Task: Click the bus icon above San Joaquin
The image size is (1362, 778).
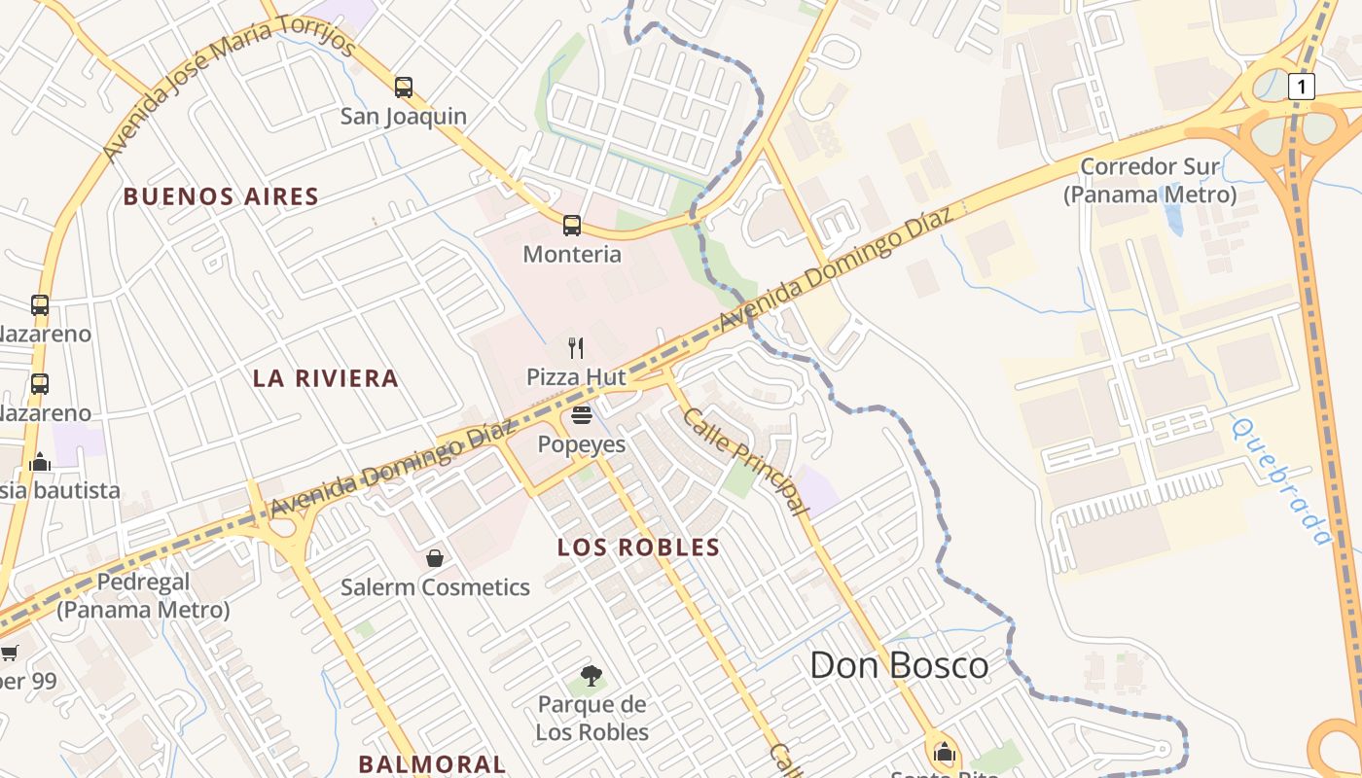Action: pyautogui.click(x=404, y=88)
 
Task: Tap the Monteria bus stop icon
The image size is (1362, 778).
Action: pyautogui.click(x=572, y=226)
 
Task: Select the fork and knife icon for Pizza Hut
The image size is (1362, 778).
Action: pyautogui.click(x=576, y=347)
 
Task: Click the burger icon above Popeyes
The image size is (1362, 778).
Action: pyautogui.click(x=582, y=416)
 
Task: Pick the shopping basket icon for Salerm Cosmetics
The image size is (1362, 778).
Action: pyautogui.click(x=435, y=558)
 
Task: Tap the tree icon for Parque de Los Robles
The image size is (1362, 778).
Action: pyautogui.click(x=591, y=676)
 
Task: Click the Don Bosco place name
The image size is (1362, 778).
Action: pyautogui.click(x=899, y=666)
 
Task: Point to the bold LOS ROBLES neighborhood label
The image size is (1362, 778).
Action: pyautogui.click(x=638, y=548)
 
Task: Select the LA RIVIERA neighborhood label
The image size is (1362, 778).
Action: pyautogui.click(x=326, y=378)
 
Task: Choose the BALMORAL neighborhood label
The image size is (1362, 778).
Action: pyautogui.click(x=432, y=764)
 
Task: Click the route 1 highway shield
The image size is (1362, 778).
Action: pyautogui.click(x=1301, y=88)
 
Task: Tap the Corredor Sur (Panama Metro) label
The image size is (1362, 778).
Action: pyautogui.click(x=1149, y=180)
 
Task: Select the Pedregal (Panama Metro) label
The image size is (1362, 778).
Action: pyautogui.click(x=143, y=596)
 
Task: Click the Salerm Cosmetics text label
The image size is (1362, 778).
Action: pyautogui.click(x=435, y=587)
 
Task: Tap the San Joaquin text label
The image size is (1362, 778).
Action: pyautogui.click(x=404, y=117)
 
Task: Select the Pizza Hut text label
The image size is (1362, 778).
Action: pyautogui.click(x=576, y=376)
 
